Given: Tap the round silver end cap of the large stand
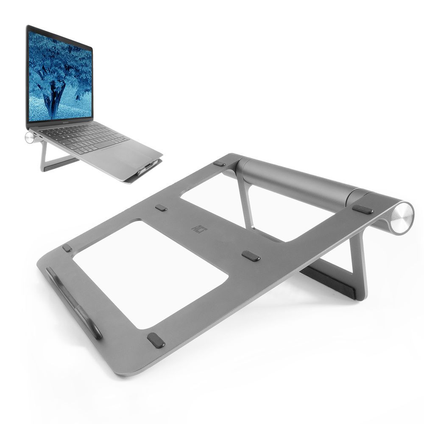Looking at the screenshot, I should [x=402, y=218].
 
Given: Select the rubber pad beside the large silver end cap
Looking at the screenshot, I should [x=363, y=209].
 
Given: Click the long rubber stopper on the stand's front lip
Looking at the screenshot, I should [x=74, y=302].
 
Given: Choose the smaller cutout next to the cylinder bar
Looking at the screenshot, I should [x=237, y=199].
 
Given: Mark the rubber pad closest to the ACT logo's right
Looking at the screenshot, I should [x=251, y=256].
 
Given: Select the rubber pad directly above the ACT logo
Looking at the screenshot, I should [x=161, y=208].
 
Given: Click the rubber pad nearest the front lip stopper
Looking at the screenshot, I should [x=67, y=248].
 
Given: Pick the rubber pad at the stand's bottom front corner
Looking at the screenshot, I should [x=156, y=340].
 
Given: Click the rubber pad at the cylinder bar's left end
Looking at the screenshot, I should [x=219, y=163].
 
